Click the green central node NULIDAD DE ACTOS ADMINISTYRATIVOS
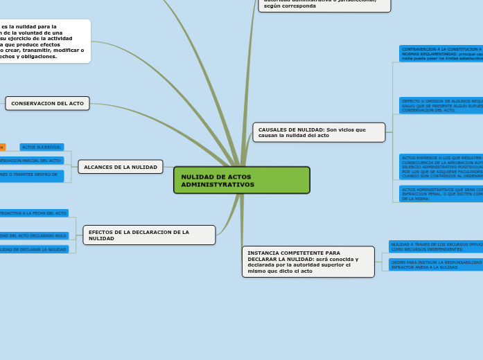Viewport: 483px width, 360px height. tap(241, 180)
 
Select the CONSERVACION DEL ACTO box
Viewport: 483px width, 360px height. tap(48, 103)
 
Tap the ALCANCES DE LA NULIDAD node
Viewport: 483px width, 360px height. tap(121, 167)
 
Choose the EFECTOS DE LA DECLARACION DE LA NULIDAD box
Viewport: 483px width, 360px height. tap(149, 235)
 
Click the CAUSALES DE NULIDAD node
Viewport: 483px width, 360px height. tap(319, 132)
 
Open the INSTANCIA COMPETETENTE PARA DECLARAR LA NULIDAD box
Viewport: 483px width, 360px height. tap(308, 262)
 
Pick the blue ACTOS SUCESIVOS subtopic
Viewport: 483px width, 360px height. tap(42, 147)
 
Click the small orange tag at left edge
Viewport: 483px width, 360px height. tap(2, 147)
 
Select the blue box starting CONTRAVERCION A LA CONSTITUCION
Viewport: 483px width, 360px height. tap(441, 54)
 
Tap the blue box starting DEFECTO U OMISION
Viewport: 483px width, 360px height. tap(441, 105)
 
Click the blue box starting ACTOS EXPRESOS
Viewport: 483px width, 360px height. tap(441, 167)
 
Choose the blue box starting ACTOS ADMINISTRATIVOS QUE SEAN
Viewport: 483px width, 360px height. tap(441, 193)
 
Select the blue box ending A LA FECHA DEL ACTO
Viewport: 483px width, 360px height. tap(34, 213)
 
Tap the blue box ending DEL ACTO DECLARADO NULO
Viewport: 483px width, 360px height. tap(34, 235)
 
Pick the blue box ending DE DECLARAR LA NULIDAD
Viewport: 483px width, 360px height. tap(34, 249)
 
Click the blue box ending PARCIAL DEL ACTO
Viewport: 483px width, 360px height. tap(31, 160)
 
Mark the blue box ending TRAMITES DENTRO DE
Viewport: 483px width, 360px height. tap(31, 176)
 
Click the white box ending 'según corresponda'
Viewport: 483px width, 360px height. tap(324, 5)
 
